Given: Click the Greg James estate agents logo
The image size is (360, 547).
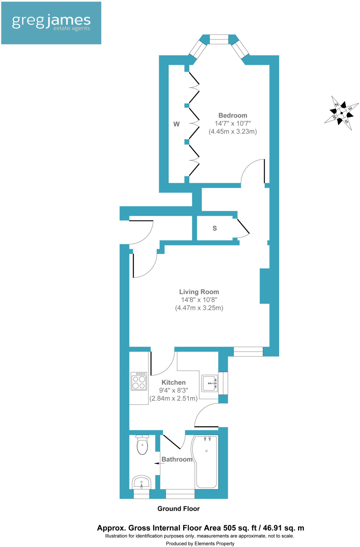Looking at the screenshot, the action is (51, 23).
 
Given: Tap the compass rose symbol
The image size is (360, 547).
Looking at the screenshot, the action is (342, 113).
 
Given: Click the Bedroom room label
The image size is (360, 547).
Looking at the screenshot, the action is (233, 115).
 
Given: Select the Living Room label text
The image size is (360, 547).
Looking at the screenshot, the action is (199, 292).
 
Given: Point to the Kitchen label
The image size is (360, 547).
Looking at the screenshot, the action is (173, 382).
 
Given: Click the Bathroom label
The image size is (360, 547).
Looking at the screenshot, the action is (177, 459).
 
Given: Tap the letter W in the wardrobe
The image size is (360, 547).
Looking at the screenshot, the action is (176, 124).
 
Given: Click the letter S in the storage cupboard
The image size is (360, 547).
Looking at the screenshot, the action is (215, 228).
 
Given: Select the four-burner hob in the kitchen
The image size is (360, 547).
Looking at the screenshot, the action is (139, 381).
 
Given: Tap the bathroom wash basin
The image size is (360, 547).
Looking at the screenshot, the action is (141, 482).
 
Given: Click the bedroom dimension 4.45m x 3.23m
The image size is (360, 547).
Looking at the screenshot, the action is (233, 131).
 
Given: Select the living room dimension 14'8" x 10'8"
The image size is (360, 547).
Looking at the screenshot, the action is (199, 300).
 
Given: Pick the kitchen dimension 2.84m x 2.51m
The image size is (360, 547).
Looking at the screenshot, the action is (173, 398).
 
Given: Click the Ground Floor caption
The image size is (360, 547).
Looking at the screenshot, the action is (178, 509).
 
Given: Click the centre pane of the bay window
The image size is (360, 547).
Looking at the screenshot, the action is (219, 39).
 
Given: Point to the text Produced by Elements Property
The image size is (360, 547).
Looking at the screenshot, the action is (200, 544).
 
